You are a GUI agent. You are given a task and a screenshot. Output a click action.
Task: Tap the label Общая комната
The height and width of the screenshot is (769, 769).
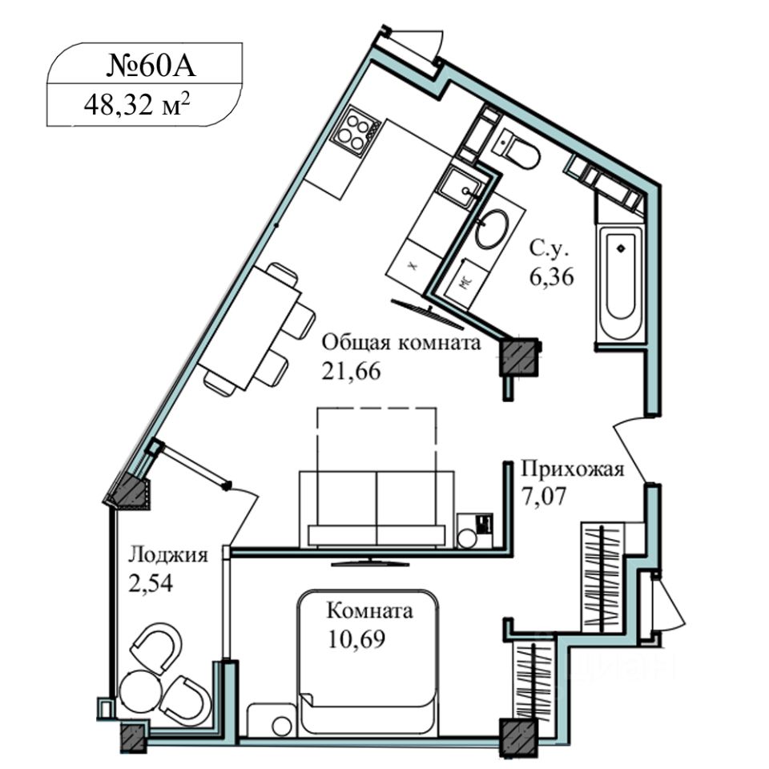[x=401, y=344]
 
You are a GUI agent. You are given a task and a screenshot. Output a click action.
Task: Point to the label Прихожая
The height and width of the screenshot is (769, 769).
[x=571, y=469]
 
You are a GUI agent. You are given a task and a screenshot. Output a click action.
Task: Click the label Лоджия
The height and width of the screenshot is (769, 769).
[x=168, y=555]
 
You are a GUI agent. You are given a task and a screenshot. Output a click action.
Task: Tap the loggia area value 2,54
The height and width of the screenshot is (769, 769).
[x=150, y=582]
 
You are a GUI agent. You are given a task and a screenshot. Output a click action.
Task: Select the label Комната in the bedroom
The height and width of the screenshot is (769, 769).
[x=369, y=612]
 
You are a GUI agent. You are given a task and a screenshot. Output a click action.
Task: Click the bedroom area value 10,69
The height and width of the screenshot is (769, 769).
[x=352, y=640]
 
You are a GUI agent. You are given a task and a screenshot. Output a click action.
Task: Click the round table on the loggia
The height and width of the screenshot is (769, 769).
[x=139, y=691]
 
